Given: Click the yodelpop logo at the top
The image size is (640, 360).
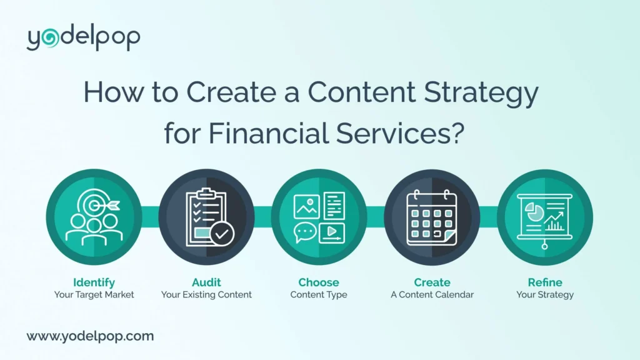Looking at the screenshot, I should point(83,39).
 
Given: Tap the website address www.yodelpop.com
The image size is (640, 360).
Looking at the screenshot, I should point(90,336).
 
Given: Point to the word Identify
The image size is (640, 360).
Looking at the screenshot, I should point(94,282).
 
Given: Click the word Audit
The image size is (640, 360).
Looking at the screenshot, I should point(206,282).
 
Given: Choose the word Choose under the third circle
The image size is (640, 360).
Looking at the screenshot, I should point(319,282).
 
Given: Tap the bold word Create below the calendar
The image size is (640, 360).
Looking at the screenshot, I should point(432,282).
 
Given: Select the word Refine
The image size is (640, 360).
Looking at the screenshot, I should point(544,282).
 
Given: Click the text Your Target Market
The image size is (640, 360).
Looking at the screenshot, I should point(94,294).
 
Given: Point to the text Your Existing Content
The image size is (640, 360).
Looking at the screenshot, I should point(206,294).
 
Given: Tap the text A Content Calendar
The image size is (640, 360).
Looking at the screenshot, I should point(432,294).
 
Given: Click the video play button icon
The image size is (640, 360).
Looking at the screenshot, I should point(331,233).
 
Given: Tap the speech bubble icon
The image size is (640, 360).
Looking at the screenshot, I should point(305,232).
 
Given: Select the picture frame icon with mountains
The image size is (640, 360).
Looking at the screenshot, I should point(306,206).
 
